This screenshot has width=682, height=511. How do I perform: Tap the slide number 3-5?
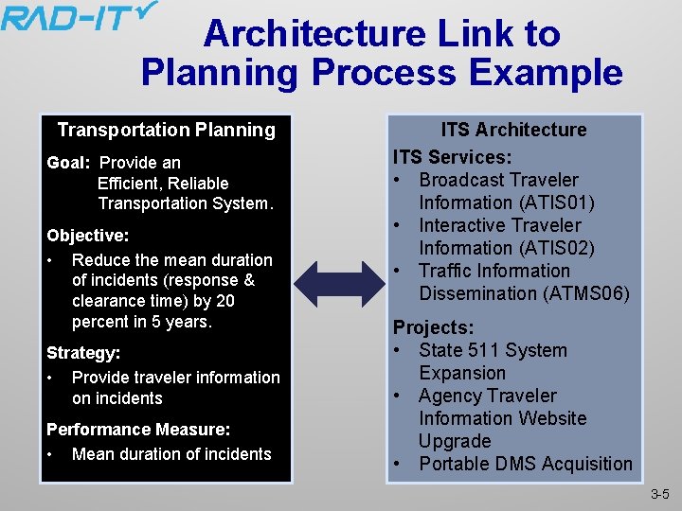659,495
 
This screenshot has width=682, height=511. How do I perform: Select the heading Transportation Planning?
166,131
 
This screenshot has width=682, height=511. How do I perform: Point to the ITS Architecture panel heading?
513,131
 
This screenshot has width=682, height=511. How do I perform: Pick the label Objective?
88,235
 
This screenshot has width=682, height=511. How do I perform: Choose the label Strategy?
83,353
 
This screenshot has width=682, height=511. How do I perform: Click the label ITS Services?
452,157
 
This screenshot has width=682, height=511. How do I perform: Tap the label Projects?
434,327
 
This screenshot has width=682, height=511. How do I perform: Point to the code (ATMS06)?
586,293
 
